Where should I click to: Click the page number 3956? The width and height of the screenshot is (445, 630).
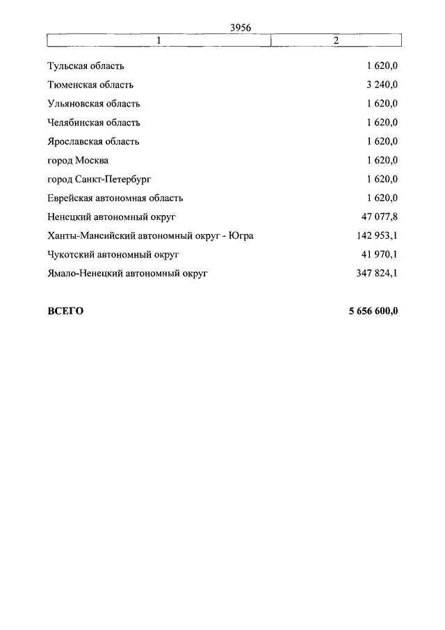point(239,28)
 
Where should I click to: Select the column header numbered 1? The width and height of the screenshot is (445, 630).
point(159,40)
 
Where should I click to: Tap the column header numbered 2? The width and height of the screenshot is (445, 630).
point(336,40)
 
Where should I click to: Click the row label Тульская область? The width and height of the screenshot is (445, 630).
point(86,66)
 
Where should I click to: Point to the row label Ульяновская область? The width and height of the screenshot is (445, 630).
point(93,104)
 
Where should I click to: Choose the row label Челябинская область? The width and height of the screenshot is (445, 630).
point(93,123)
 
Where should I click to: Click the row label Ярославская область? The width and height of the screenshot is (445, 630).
point(93,141)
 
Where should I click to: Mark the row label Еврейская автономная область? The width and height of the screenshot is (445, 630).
point(115,198)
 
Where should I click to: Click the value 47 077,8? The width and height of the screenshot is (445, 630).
point(378,217)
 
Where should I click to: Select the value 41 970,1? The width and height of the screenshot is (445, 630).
point(378,255)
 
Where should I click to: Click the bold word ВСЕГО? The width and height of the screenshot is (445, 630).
point(65,311)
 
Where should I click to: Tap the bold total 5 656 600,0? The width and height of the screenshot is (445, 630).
point(373,311)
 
